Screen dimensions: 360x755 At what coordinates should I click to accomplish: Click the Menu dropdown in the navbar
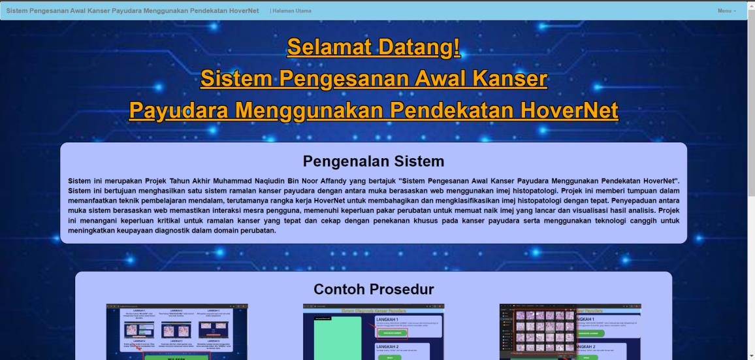726,10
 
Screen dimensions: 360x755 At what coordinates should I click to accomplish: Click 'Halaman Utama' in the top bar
292,10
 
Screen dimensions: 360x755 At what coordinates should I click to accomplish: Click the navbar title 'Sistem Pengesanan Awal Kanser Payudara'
132,10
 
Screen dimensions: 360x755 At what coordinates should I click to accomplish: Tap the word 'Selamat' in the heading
329,47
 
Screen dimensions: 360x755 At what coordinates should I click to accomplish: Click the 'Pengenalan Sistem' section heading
374,161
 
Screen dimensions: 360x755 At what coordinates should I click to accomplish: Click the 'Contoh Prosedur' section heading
374,289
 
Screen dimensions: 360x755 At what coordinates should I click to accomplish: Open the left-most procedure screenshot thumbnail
177,331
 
